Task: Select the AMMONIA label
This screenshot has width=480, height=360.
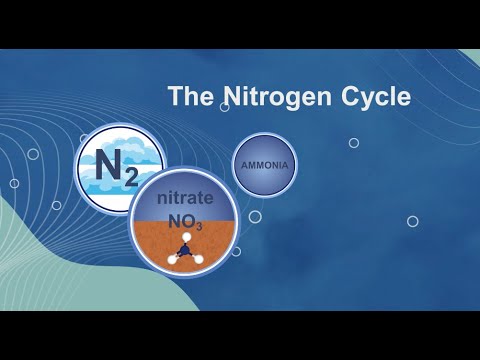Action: [266, 161]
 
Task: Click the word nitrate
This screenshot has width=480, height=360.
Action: [187, 200]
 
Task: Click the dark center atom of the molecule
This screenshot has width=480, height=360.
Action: [186, 249]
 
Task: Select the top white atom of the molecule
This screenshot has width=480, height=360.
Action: [186, 236]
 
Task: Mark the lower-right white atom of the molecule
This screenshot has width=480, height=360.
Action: [198, 258]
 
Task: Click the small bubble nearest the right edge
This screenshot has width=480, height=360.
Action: [412, 221]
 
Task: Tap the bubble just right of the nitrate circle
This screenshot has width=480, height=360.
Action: [255, 216]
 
